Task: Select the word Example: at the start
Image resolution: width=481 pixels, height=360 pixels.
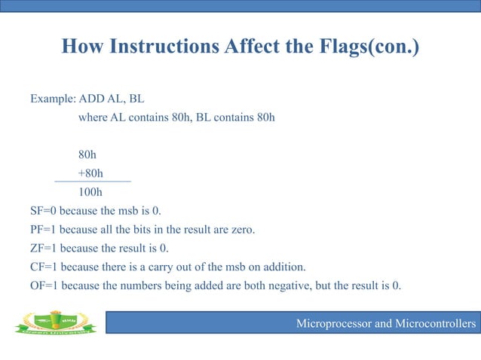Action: click(53, 99)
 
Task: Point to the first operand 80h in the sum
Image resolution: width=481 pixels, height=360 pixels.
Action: click(87, 154)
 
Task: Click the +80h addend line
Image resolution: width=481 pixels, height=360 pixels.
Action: click(90, 172)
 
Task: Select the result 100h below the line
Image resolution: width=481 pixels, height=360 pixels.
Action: click(90, 191)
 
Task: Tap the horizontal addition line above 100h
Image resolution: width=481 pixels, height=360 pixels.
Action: click(93, 182)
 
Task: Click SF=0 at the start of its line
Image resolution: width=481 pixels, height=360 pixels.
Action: click(44, 210)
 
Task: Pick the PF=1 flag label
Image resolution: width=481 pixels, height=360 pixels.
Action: click(44, 229)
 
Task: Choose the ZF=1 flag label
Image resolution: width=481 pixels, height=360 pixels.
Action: click(44, 248)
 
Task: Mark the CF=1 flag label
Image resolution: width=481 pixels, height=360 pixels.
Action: click(44, 267)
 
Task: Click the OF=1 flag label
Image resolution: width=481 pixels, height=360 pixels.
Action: click(44, 285)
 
